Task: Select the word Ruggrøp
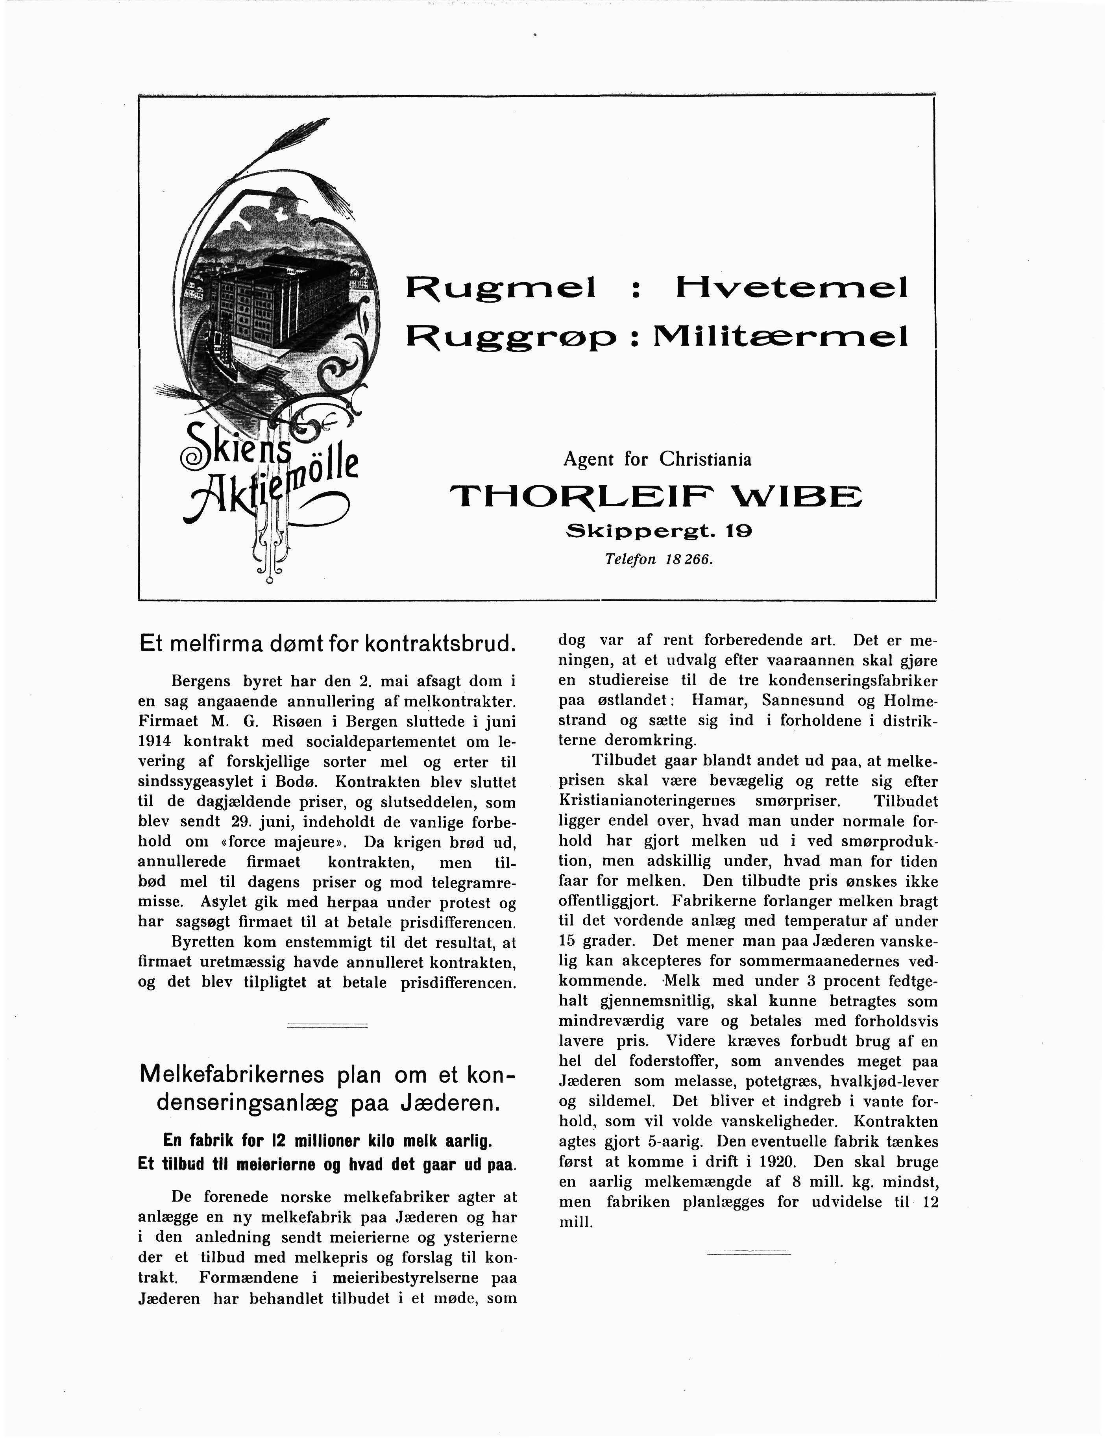click(x=511, y=338)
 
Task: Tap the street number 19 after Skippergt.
click(x=738, y=531)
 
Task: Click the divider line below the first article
click(x=327, y=1025)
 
